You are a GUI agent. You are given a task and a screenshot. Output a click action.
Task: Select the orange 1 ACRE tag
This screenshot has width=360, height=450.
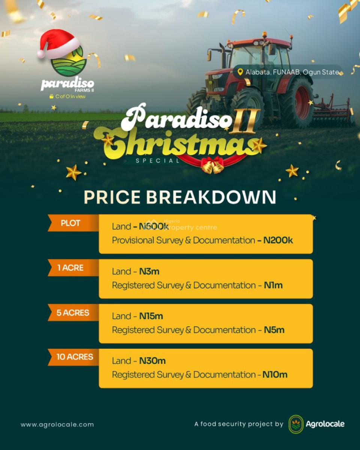point(71,268)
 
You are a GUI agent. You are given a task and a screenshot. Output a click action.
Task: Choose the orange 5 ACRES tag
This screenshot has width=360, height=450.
point(72,313)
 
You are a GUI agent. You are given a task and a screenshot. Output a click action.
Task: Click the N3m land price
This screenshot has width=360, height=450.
point(149,271)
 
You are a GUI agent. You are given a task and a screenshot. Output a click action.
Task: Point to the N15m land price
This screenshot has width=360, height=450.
point(151,316)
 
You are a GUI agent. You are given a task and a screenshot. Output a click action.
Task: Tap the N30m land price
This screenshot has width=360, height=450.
point(152,361)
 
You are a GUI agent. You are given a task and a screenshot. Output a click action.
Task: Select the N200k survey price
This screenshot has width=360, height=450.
point(278,240)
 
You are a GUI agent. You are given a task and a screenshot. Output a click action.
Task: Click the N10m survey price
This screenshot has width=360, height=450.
point(275,375)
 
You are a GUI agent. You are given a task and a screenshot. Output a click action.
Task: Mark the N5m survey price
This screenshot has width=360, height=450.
point(274,330)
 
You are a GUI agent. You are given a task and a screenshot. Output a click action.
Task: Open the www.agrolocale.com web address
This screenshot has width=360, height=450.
point(57,425)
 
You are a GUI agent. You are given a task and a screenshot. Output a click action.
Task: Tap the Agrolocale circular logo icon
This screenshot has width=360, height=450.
point(296,424)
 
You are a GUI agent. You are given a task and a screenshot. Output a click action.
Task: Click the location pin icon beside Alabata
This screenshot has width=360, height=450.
point(240,72)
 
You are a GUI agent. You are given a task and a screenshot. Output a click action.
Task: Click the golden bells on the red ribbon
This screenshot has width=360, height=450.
point(212,165)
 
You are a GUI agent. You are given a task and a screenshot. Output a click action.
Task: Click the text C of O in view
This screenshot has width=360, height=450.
point(70,96)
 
